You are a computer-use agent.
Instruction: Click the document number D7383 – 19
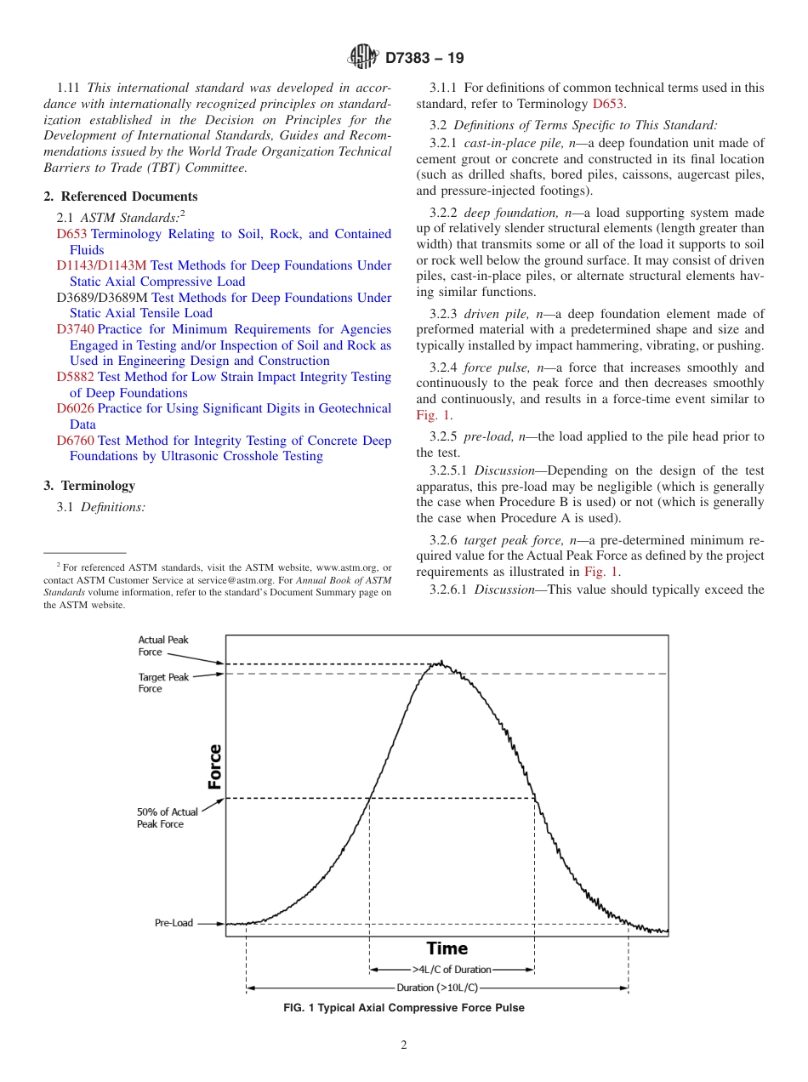pos(424,59)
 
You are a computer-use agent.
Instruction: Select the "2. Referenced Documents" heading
pos(120,196)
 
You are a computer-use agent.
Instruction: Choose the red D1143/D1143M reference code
pos(101,265)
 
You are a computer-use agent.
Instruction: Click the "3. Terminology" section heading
pos(89,486)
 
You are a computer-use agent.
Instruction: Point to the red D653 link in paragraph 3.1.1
pos(607,104)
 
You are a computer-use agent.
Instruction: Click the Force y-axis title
pos(214,766)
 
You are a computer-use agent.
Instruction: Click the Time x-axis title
pos(447,948)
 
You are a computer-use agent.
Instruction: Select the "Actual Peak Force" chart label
pos(163,646)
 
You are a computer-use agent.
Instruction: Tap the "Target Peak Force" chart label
pos(163,683)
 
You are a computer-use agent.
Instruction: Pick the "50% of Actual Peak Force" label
pos(167,818)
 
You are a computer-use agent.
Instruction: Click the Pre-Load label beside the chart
pos(174,923)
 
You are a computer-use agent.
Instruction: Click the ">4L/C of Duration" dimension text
pos(452,970)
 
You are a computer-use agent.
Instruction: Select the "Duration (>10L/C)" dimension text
pos(437,988)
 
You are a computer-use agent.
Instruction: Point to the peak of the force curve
pos(440,662)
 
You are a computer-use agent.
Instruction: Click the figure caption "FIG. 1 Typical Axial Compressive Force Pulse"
pos(403,1008)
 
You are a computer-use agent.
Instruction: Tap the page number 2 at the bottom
pos(404,1045)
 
